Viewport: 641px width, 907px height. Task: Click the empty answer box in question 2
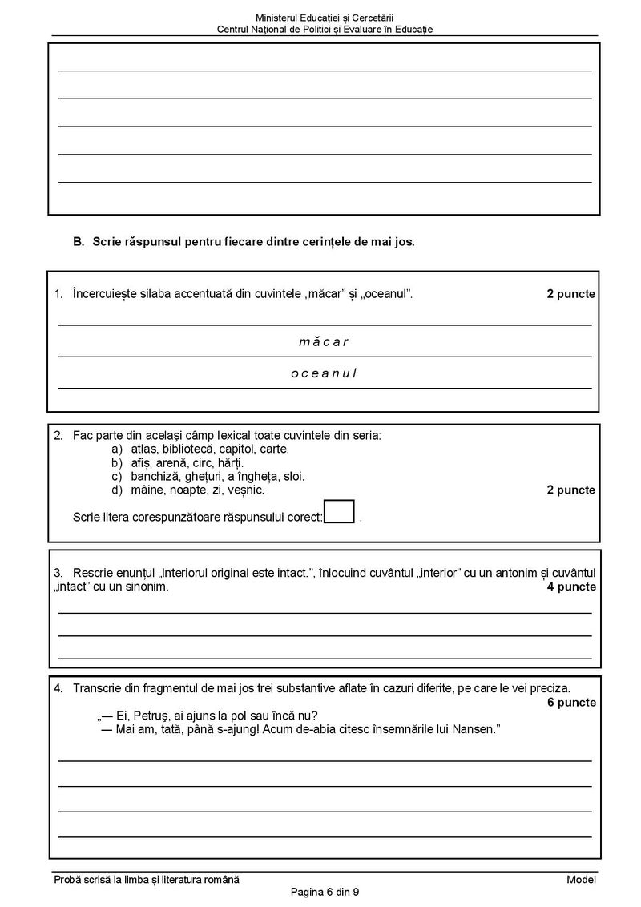click(340, 511)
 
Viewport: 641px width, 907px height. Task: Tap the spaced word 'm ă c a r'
click(324, 342)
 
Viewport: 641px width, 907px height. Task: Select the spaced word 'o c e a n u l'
click(324, 373)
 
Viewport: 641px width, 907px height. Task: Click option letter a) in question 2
click(116, 449)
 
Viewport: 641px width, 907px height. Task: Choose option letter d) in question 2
click(116, 490)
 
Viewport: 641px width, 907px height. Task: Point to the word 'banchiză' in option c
click(153, 476)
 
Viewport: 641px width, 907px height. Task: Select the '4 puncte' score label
click(571, 587)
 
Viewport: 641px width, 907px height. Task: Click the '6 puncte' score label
click(571, 703)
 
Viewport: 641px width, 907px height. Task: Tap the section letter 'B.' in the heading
click(79, 241)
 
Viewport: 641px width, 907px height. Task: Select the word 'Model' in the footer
click(581, 880)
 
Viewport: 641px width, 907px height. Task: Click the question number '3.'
click(58, 573)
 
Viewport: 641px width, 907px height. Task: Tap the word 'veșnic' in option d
click(246, 490)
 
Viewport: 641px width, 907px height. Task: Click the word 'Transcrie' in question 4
click(96, 688)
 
